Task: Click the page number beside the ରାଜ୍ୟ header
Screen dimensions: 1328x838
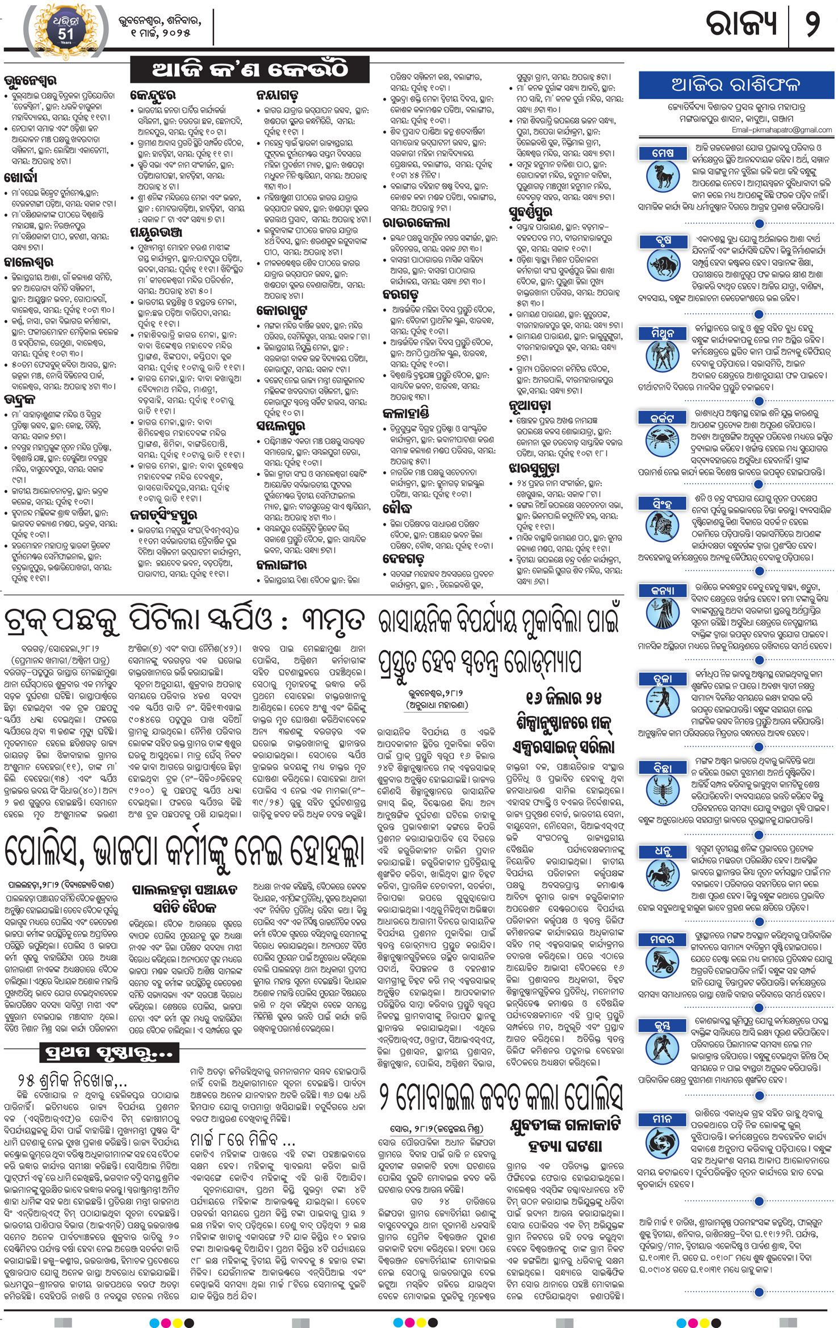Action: click(812, 26)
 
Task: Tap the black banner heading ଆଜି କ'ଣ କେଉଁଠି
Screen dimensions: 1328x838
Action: click(250, 70)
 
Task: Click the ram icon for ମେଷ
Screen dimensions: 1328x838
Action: click(662, 176)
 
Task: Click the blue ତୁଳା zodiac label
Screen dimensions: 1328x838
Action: click(663, 679)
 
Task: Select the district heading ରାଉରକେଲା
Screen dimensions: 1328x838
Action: click(416, 223)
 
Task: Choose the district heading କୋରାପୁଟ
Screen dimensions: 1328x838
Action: click(282, 311)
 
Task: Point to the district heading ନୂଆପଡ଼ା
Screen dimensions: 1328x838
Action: click(529, 405)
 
